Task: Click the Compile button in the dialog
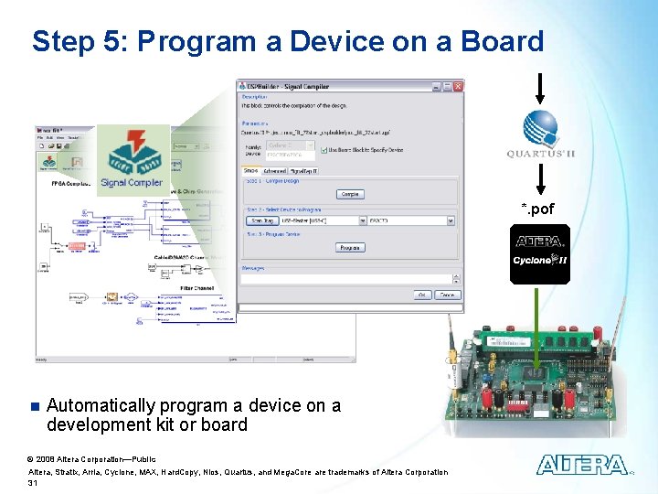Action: tap(350, 194)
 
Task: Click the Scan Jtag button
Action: tap(262, 220)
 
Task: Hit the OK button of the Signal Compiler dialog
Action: tap(422, 295)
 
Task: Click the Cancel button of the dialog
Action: tap(447, 295)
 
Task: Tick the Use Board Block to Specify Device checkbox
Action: tap(324, 149)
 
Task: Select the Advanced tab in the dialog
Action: tap(274, 171)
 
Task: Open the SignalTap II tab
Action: tap(303, 171)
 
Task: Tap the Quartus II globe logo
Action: tap(539, 128)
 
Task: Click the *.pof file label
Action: tap(537, 209)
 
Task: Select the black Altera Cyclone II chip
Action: tap(540, 253)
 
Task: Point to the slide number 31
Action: tap(34, 482)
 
